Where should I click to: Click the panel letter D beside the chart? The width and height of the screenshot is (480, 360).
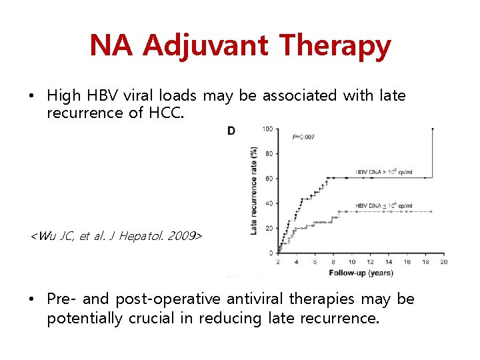231,131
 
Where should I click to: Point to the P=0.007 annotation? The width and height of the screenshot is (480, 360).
303,137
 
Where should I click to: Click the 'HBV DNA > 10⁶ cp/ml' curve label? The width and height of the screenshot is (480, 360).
384,171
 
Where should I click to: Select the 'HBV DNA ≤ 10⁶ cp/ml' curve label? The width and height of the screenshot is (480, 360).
384,205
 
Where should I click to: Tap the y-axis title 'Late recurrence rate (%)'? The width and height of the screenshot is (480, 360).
254,190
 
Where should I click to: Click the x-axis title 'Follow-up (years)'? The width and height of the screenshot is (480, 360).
361,273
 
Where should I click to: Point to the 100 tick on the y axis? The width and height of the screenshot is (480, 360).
267,129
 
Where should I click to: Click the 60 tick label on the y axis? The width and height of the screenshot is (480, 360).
268,178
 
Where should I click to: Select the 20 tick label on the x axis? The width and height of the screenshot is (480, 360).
443,262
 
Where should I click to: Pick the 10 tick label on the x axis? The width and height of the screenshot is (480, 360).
351,262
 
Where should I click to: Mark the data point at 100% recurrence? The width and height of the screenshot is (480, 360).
433,129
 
